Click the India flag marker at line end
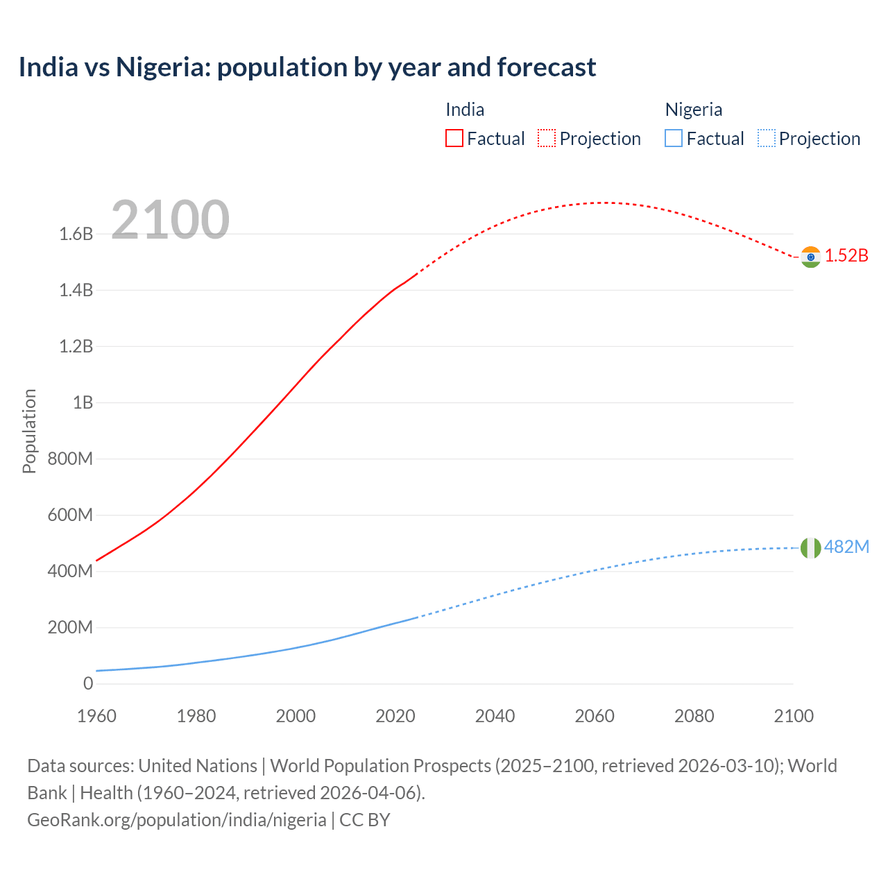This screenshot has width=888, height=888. pyautogui.click(x=810, y=257)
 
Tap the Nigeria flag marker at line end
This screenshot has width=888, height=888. pyautogui.click(x=810, y=548)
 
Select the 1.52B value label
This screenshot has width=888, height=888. pyautogui.click(x=846, y=255)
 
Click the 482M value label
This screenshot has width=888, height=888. pyautogui.click(x=846, y=547)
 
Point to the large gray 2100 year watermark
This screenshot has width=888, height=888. pyautogui.click(x=170, y=220)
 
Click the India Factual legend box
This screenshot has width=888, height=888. pyautogui.click(x=454, y=138)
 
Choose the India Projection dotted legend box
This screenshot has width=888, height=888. pyautogui.click(x=547, y=138)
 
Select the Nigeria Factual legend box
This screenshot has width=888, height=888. pyautogui.click(x=674, y=138)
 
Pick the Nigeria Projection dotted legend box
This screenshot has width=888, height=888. pyautogui.click(x=766, y=138)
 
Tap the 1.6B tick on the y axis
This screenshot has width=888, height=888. pyautogui.click(x=76, y=234)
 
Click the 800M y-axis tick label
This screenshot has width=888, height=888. pyautogui.click(x=70, y=459)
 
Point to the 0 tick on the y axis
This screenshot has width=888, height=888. pyautogui.click(x=88, y=683)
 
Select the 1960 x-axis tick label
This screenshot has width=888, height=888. pyautogui.click(x=96, y=716)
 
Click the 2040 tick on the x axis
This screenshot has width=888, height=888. pyautogui.click(x=495, y=716)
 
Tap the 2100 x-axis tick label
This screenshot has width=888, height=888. pyautogui.click(x=794, y=716)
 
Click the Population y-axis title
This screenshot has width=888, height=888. pyautogui.click(x=29, y=431)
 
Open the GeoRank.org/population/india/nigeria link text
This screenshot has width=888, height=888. pyautogui.click(x=177, y=819)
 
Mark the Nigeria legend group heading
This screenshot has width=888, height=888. pyautogui.click(x=694, y=110)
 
